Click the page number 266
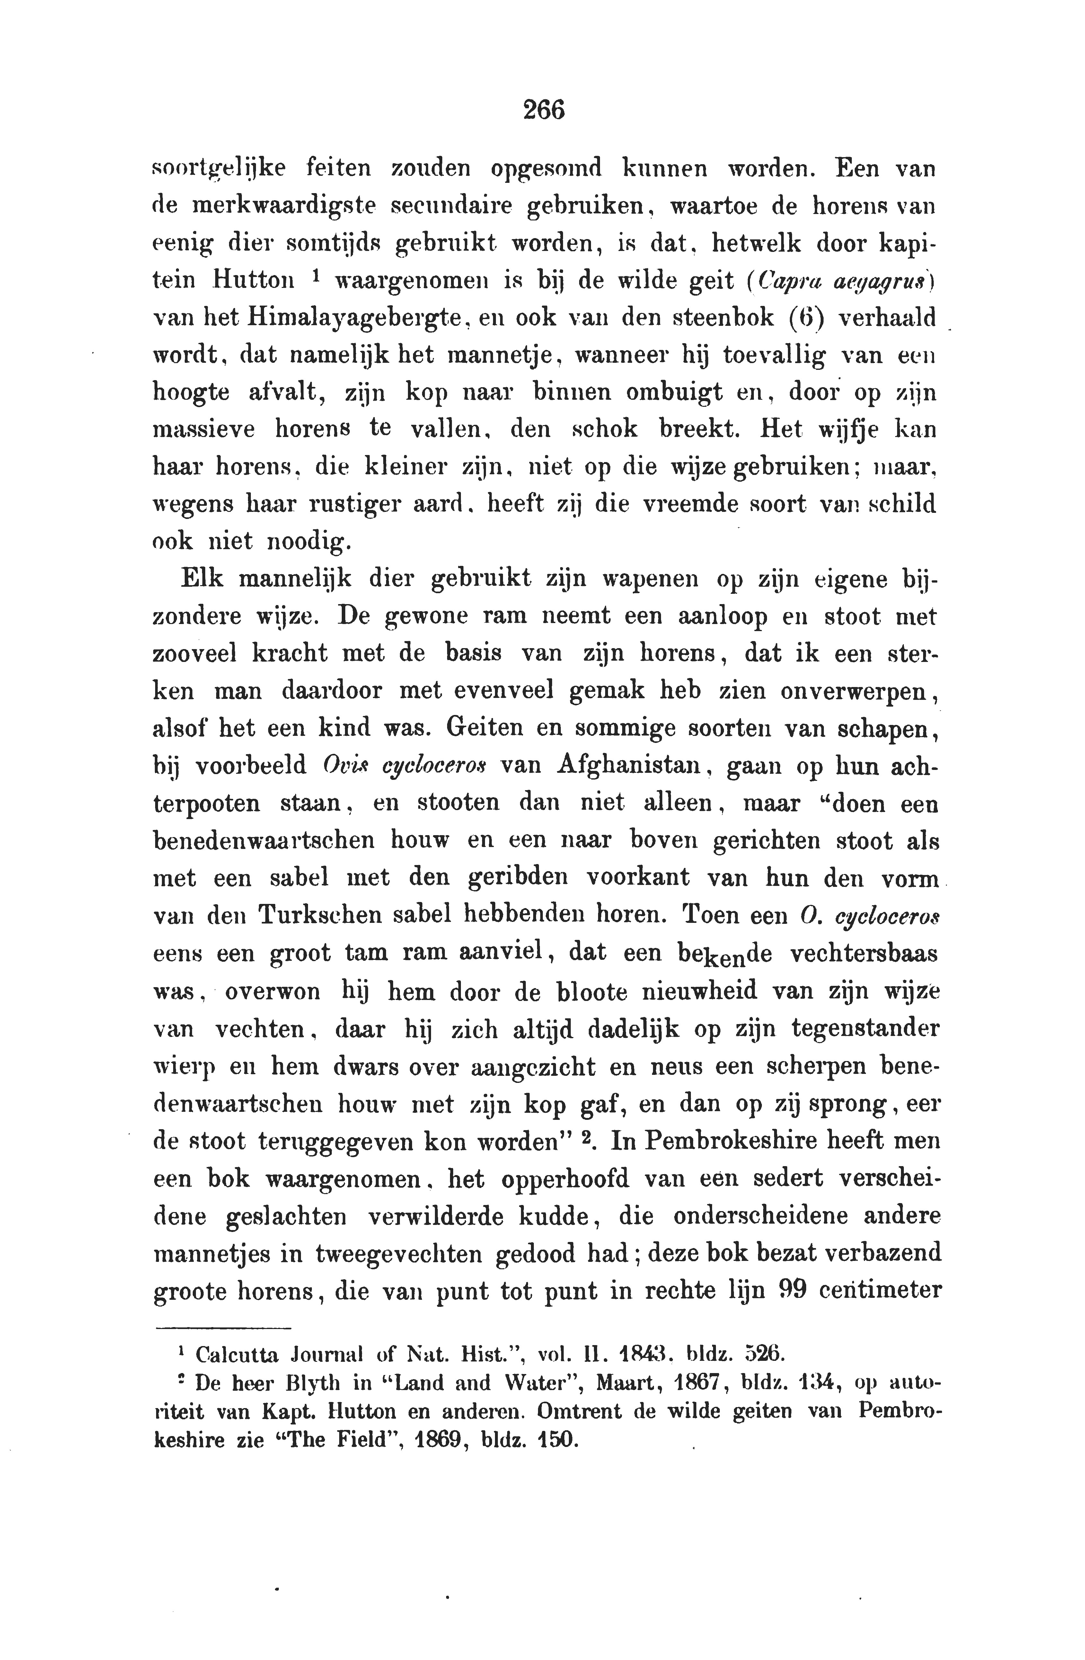coord(543,110)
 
